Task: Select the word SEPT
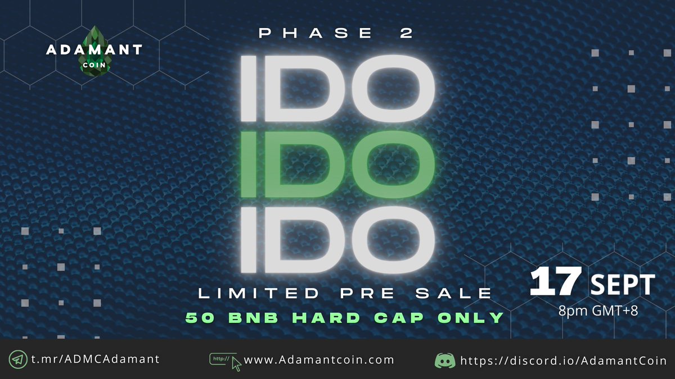622,285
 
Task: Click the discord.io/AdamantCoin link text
563,360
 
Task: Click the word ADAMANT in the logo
94,50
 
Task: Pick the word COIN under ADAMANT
94,64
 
